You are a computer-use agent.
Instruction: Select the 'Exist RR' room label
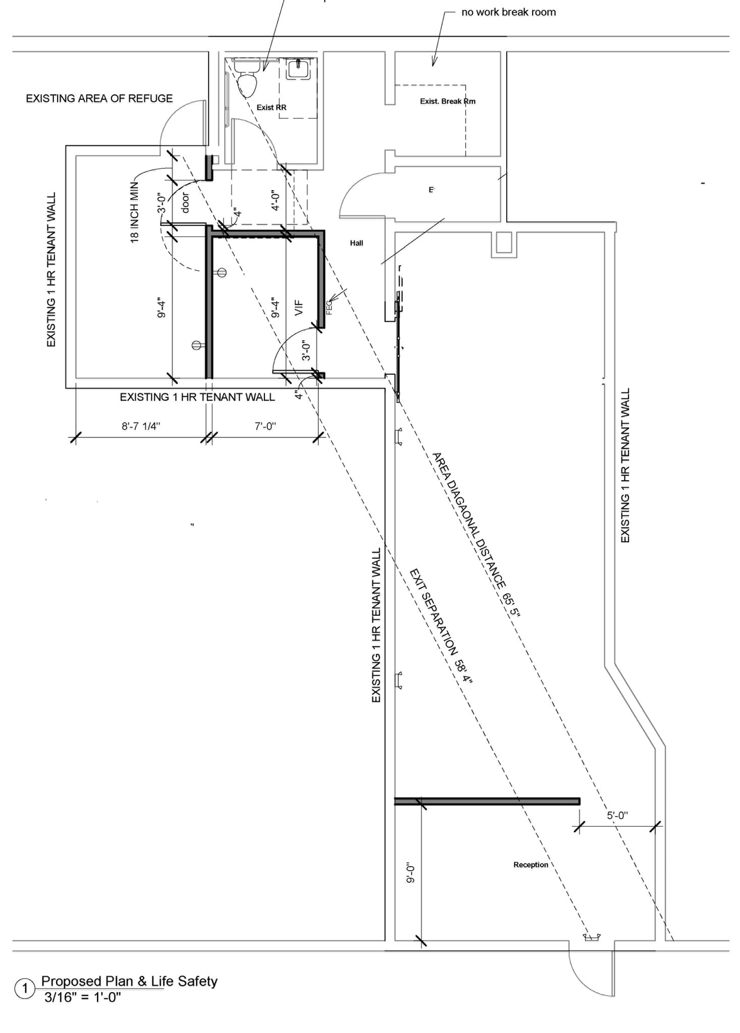coord(271,107)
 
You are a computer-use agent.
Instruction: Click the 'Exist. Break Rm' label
coord(447,101)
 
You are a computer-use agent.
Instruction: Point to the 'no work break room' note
coord(508,12)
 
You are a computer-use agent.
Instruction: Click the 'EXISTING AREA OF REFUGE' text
coord(99,98)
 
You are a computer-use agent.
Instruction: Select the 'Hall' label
coord(356,243)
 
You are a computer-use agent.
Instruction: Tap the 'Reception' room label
coord(531,865)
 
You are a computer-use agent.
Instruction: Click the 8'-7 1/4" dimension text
coord(141,426)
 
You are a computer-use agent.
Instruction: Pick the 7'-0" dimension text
coord(265,426)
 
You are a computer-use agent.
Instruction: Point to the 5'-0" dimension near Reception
coord(617,815)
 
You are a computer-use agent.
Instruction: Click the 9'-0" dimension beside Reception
coord(410,873)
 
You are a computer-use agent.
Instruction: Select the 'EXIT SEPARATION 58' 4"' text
coord(441,626)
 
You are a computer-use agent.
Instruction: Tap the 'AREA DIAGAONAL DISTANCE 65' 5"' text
coord(475,534)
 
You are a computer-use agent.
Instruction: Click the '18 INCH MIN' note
coord(134,212)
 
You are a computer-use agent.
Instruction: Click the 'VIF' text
coord(299,308)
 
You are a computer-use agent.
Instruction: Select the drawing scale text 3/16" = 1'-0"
coord(82,997)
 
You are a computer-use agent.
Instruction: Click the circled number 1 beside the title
coord(24,989)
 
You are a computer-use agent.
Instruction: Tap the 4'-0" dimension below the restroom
coord(275,200)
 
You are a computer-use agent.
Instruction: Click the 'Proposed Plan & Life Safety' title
coord(129,981)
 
